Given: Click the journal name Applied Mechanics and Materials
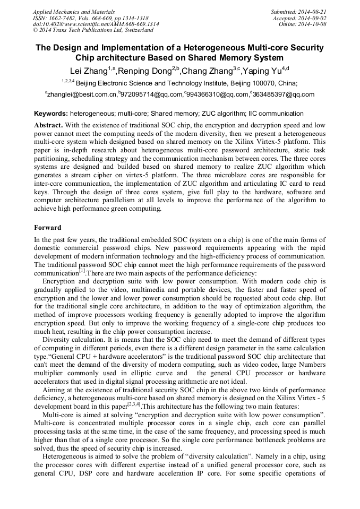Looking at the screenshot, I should pyautogui.click(x=74, y=11).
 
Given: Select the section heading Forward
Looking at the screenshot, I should pyautogui.click(x=48, y=228).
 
